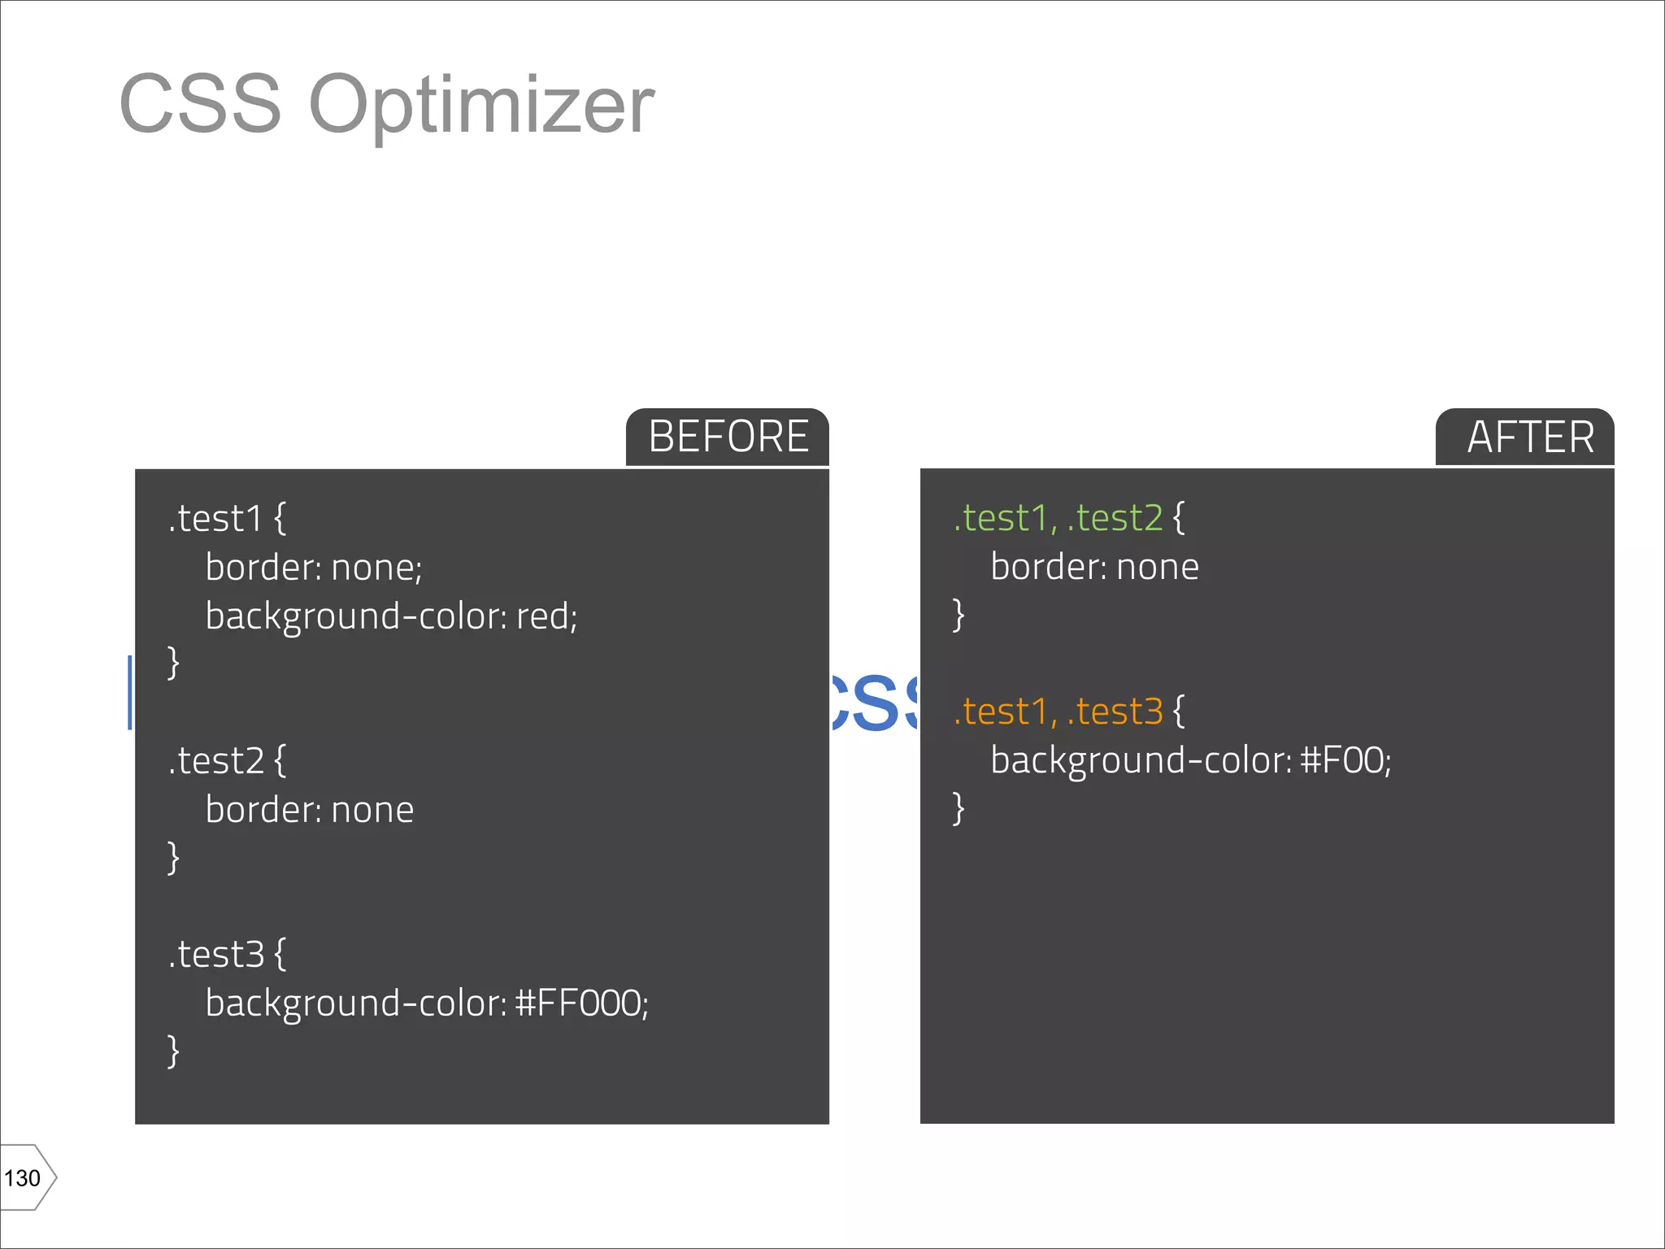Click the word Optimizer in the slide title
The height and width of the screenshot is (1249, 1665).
pos(481,106)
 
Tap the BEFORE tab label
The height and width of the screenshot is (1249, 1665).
pos(728,437)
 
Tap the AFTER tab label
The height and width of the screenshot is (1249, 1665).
pos(1530,437)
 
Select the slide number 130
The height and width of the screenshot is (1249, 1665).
pos(23,1178)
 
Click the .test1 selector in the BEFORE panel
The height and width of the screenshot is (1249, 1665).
pos(215,519)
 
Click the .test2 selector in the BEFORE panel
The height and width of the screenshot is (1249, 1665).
pos(215,761)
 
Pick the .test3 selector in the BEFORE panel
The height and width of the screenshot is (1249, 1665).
pos(215,955)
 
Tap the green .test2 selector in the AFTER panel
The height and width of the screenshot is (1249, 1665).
pos(1115,519)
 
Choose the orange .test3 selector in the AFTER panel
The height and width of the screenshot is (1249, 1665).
pos(1115,712)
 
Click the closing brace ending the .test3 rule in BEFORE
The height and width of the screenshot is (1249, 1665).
pos(172,1051)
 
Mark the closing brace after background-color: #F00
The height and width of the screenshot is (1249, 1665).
pos(959,808)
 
